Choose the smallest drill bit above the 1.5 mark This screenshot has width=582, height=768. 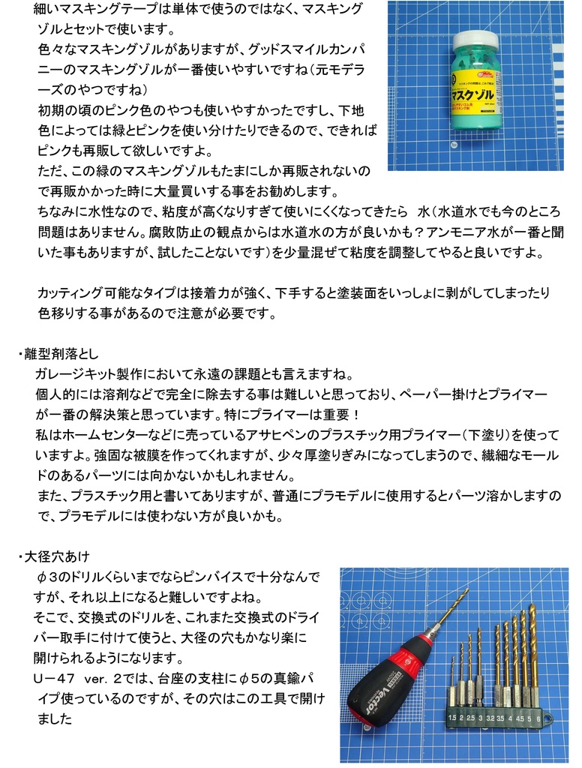[452, 671]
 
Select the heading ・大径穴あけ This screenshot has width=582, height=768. [58, 556]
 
